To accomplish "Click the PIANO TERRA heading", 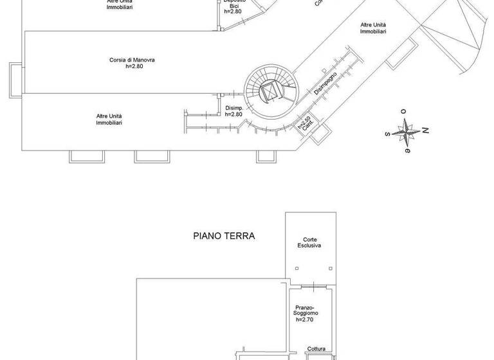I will point(224,236).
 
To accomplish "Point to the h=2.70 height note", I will point(308,319).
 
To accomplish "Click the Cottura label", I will point(315,349).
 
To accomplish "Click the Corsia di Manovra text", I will point(132,60).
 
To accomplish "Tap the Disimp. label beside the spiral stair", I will point(233,108).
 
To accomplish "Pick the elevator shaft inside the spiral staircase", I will point(270,91).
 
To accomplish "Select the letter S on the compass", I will point(387,134).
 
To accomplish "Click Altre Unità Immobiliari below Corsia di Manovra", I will point(109,119).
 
